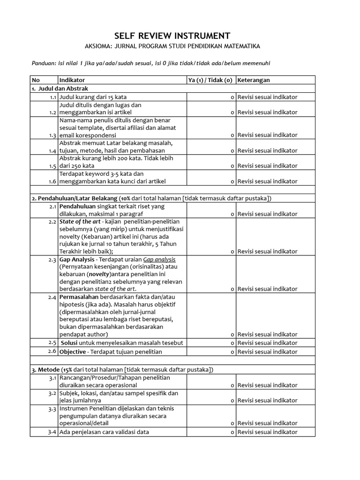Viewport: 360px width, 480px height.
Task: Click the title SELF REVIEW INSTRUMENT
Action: coord(172,36)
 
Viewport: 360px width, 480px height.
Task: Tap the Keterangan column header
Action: coord(254,80)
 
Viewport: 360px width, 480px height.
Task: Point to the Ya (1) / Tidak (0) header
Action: coord(210,80)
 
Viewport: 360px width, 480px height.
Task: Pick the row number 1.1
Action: coord(52,97)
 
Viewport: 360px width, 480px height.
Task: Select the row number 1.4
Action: coord(52,150)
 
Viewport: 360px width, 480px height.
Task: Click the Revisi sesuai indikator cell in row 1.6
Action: coord(267,181)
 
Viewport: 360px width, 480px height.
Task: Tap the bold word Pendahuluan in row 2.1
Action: coord(77,206)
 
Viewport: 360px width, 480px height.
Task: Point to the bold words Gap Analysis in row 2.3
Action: coord(77,259)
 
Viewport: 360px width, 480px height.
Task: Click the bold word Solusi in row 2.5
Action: coord(70,343)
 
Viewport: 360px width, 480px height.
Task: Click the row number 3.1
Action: coord(52,378)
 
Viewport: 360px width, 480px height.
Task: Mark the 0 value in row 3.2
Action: coord(232,401)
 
